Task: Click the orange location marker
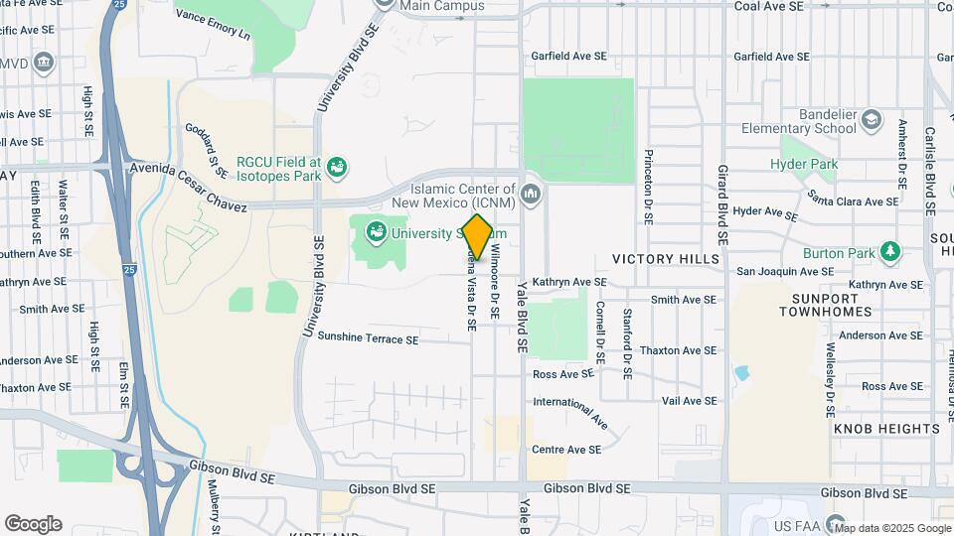coord(478,236)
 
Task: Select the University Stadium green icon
coord(377,234)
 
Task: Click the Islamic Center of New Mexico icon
coord(529,190)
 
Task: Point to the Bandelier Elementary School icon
coord(872,120)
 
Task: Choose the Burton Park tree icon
coord(890,252)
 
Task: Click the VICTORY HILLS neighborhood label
coord(665,259)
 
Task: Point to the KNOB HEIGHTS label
coord(886,429)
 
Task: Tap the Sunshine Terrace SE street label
coord(368,339)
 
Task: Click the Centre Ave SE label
coord(566,450)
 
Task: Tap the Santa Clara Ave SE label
coord(853,199)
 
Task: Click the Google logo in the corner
coord(33,524)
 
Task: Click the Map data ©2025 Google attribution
coord(891,528)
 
